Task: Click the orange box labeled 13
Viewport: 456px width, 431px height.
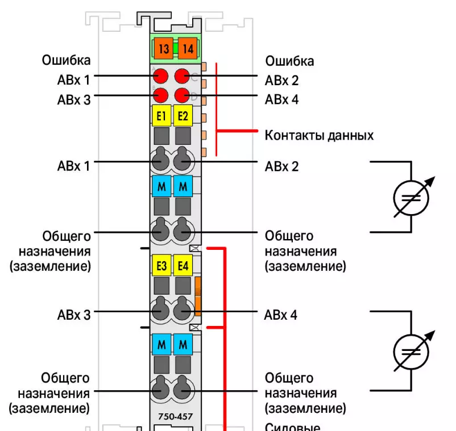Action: (164, 49)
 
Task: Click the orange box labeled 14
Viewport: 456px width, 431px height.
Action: (188, 49)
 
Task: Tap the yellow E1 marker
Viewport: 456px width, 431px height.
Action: (161, 116)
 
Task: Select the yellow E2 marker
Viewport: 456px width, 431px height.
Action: (183, 116)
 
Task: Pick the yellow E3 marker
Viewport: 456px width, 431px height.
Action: (161, 265)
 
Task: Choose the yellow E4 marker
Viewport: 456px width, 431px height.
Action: (183, 265)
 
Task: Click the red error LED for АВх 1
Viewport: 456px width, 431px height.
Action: (161, 76)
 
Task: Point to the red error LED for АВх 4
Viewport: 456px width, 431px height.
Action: (183, 94)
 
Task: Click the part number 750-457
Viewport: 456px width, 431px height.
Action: (175, 417)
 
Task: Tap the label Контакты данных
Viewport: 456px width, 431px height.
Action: (319, 136)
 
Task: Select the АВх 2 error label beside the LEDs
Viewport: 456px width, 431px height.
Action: (282, 80)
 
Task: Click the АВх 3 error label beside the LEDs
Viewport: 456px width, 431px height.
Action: (74, 99)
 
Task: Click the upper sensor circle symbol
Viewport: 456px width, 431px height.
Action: (411, 197)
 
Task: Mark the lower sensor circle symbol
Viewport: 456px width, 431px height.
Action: (411, 352)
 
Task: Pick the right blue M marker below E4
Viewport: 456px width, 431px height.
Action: (183, 343)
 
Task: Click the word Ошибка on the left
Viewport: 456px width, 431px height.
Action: (66, 60)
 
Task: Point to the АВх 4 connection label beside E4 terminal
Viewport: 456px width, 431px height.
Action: (281, 315)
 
